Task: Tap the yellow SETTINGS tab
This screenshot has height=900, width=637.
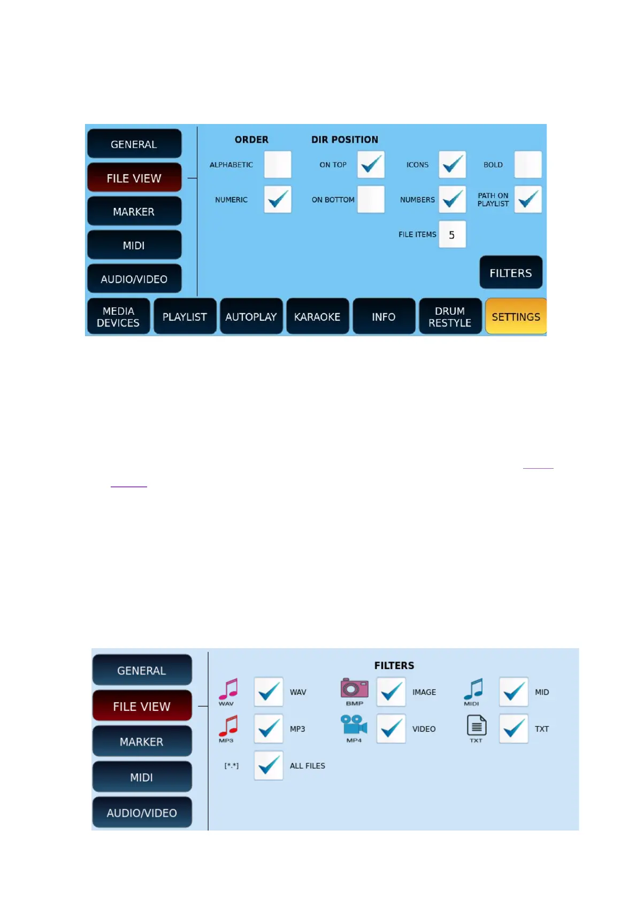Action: coord(516,316)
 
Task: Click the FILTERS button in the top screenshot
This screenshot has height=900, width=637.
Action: coord(511,273)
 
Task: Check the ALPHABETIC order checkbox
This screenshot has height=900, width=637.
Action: coord(278,165)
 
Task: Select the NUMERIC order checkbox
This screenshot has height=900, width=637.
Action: coord(278,199)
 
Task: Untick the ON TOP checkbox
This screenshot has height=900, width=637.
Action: coord(371,165)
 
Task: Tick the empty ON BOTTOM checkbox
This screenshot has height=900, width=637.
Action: coord(371,199)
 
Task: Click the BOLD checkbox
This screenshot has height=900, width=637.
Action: coord(528,165)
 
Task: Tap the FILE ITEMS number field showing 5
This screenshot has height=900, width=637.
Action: coord(452,235)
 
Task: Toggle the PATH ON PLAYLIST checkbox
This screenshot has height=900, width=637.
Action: coord(528,199)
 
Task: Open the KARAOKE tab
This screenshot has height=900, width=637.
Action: coord(317,316)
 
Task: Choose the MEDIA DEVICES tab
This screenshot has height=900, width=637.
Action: coord(118,316)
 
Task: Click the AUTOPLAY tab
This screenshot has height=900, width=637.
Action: coord(251,316)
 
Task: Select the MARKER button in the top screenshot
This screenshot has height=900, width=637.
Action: coord(134,212)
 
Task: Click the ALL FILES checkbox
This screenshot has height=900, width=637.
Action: coord(268,765)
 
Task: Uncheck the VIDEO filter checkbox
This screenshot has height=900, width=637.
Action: coord(391,728)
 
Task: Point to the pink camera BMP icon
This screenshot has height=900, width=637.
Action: coord(354,689)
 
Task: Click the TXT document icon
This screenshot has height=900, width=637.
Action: coord(476,726)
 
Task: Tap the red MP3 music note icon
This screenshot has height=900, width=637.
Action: coord(228,726)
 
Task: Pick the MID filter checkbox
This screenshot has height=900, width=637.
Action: coord(513,692)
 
